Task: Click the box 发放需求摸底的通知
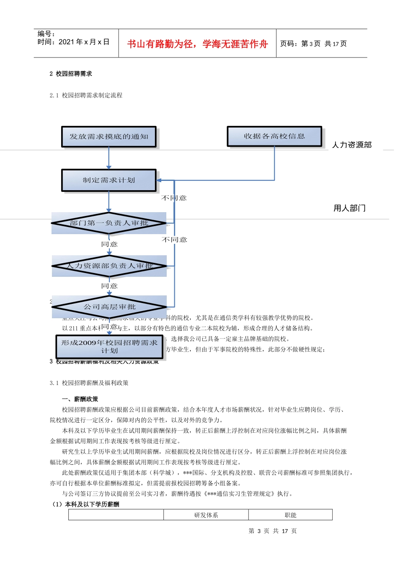click(109, 137)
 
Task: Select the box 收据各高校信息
click(274, 137)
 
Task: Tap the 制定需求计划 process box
click(109, 180)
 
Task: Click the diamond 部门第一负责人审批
click(109, 223)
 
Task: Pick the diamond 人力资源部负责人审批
click(109, 266)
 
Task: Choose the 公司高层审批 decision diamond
click(109, 307)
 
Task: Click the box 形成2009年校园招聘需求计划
click(109, 347)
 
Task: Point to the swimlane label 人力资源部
click(352, 145)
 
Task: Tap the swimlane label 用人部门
click(350, 208)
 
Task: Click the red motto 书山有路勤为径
click(197, 44)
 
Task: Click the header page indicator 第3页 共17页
click(313, 44)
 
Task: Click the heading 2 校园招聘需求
click(70, 74)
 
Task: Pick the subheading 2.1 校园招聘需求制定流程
click(86, 96)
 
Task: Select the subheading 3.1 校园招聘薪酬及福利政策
click(89, 383)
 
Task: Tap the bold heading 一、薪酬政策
click(80, 399)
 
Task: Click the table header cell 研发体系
click(206, 515)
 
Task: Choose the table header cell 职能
click(290, 515)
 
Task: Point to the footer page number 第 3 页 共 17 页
click(273, 531)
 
